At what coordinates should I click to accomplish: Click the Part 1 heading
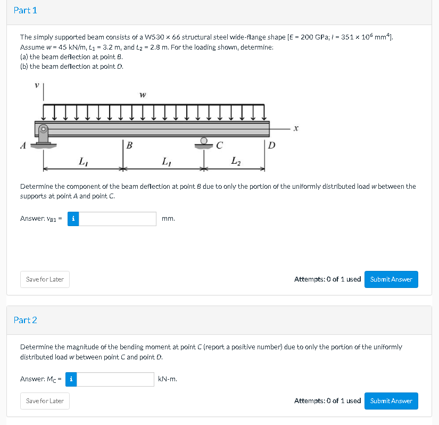tap(26, 11)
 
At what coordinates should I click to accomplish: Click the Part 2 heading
tap(26, 320)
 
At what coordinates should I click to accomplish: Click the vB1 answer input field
tap(118, 219)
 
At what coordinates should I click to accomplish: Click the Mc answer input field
tap(117, 379)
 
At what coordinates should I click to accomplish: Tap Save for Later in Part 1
tap(45, 279)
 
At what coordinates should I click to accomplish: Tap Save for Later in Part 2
tap(45, 401)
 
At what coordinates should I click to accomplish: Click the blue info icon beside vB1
tap(73, 219)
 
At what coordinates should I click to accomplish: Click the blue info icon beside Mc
tap(72, 379)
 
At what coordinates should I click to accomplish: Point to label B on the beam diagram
tap(130, 145)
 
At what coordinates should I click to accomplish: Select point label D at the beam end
tap(272, 145)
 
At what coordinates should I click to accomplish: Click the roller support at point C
tap(204, 141)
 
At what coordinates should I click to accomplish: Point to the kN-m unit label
tap(168, 379)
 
